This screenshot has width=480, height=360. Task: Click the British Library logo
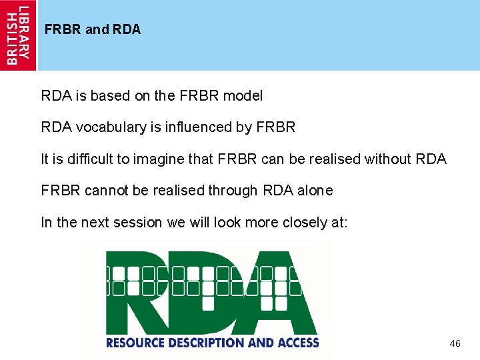18,35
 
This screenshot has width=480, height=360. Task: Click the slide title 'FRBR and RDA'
93,30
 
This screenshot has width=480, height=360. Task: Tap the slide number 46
455,343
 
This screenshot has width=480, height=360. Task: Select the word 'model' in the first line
243,96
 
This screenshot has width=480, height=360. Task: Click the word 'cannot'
109,191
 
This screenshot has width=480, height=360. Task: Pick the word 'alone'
315,191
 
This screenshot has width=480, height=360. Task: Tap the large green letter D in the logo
213,293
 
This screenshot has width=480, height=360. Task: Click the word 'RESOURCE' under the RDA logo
134,343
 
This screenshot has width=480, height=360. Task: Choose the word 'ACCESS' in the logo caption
297,343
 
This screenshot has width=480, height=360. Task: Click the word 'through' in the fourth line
232,191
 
